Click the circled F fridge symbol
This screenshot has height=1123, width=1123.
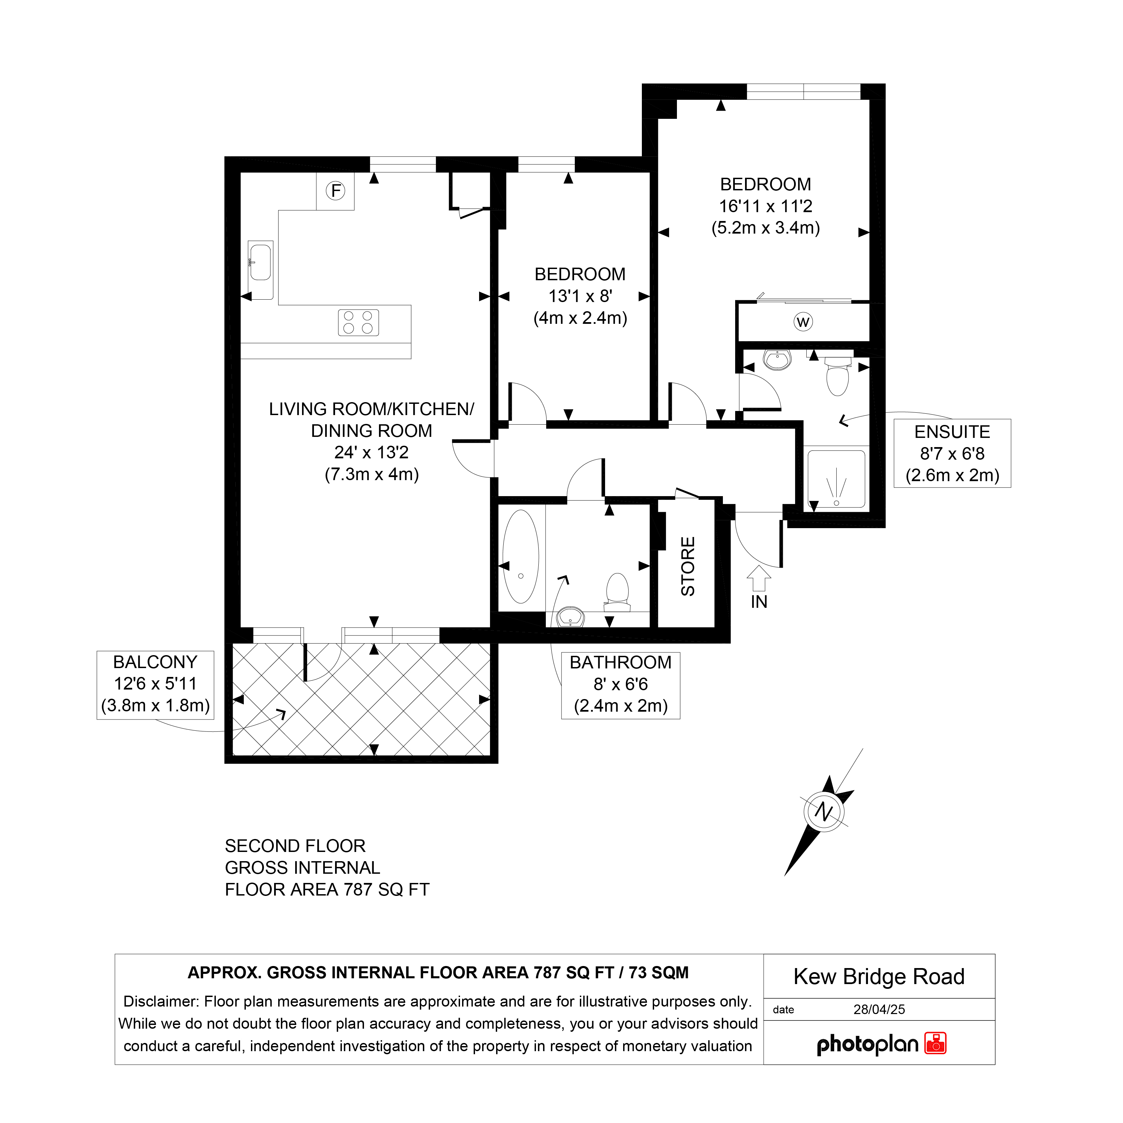click(335, 191)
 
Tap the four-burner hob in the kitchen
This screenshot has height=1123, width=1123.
click(359, 322)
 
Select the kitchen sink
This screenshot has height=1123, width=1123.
click(260, 270)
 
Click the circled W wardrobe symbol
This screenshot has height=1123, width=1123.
click(803, 322)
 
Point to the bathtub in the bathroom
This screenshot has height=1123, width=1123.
click(521, 557)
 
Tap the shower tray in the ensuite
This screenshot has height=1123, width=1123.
click(836, 479)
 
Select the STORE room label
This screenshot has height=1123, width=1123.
click(687, 566)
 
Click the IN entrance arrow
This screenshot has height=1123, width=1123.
click(759, 579)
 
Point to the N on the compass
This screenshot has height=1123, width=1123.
click(824, 811)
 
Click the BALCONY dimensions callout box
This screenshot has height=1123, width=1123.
click(155, 685)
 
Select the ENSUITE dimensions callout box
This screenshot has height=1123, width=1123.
click(952, 453)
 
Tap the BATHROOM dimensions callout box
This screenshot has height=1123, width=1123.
click(621, 686)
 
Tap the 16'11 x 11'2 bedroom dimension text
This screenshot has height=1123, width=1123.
click(765, 206)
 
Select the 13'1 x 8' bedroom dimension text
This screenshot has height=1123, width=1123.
click(580, 296)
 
